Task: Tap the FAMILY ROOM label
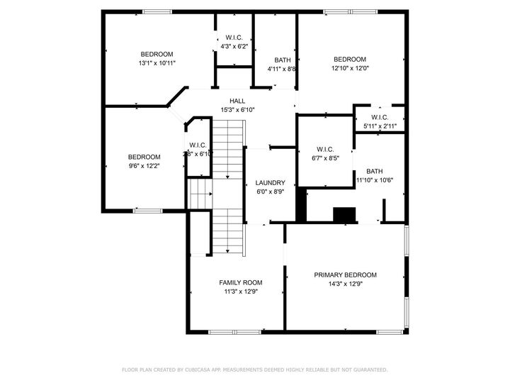[x=241, y=282]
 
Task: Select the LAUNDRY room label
[x=270, y=182]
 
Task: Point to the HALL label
[x=237, y=101]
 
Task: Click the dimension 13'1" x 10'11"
[x=157, y=63]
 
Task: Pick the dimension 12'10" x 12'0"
[x=350, y=68]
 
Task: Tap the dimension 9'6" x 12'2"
[x=144, y=166]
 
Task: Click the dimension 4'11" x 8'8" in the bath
[x=281, y=69]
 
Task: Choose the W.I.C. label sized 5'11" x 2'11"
[x=379, y=118]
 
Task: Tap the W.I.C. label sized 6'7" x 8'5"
[x=325, y=149]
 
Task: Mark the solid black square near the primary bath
[x=344, y=215]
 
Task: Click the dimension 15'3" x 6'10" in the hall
[x=237, y=110]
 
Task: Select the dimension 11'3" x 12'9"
[x=241, y=292]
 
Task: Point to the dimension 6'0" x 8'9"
[x=270, y=191]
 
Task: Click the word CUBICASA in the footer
[x=201, y=370]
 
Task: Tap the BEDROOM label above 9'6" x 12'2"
[x=144, y=157]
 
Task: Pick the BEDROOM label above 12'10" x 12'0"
[x=350, y=59]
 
